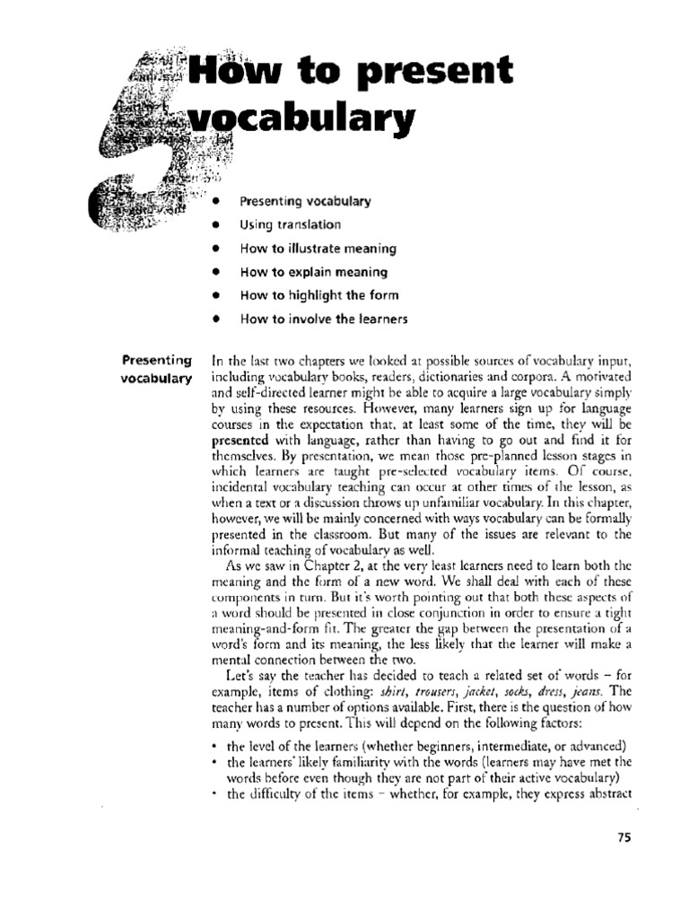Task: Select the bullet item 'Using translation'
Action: [290, 225]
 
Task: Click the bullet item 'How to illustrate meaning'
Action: [318, 249]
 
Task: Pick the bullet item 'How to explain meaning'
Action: [313, 272]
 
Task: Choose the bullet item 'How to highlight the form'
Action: [318, 295]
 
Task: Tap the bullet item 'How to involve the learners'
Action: [323, 319]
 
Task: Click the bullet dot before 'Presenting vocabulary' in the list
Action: [216, 202]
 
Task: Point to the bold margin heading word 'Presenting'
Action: [157, 361]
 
